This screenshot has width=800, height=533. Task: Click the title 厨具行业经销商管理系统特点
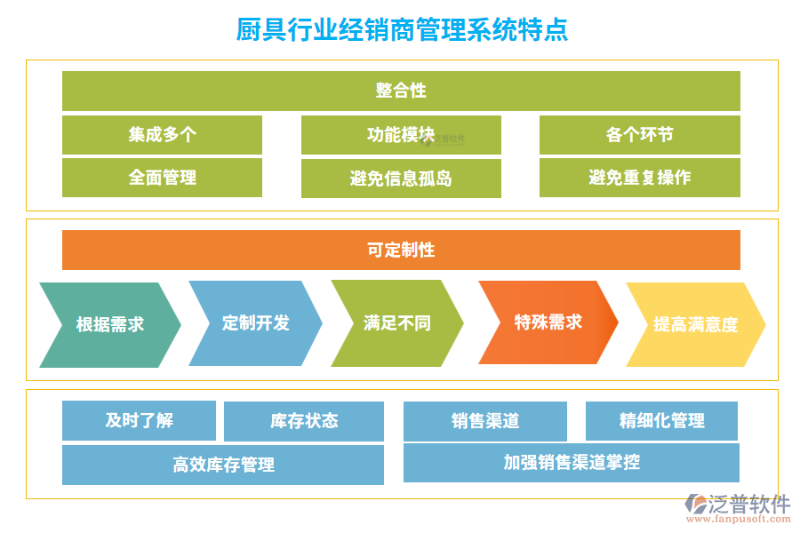(402, 30)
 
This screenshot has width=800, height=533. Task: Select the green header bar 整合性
(401, 91)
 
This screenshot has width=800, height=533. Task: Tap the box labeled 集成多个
(162, 135)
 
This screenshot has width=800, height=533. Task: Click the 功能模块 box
(401, 135)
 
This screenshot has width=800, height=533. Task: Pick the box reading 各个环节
(639, 135)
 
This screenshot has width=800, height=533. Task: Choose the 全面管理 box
(162, 178)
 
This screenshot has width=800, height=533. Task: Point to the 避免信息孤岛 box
(401, 179)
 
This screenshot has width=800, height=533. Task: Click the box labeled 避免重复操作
(639, 178)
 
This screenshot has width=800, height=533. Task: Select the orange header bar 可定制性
(401, 250)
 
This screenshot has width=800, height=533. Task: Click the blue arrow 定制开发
(256, 323)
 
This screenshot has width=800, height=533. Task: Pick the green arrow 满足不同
(397, 323)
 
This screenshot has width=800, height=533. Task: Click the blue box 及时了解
(139, 420)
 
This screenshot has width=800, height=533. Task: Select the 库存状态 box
(304, 421)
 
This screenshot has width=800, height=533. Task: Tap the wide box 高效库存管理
(223, 465)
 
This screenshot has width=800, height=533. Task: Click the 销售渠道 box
(485, 421)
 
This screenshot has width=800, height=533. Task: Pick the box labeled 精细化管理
(661, 420)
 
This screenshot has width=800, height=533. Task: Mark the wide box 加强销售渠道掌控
(572, 463)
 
